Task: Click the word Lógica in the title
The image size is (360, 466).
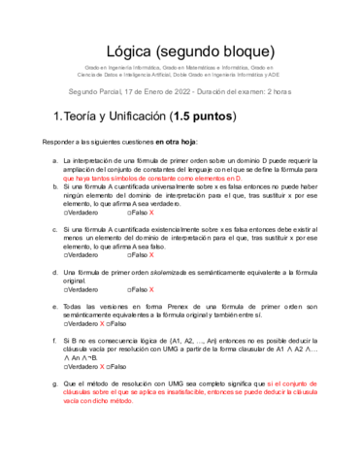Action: [134, 50]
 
